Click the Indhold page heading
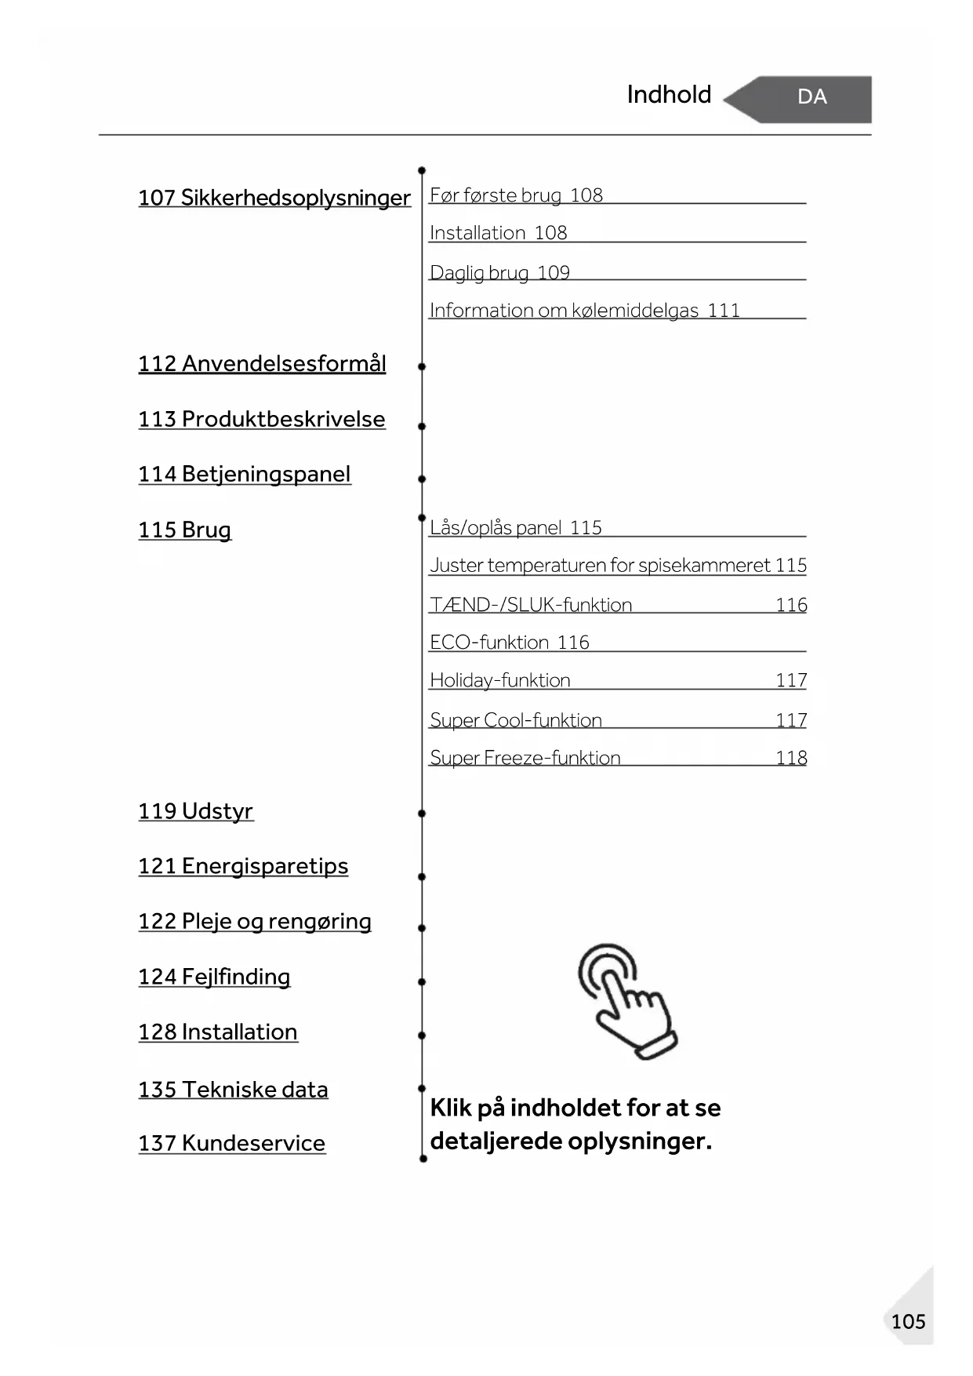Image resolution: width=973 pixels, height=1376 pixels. [669, 95]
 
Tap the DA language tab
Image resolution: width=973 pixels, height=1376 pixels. [811, 97]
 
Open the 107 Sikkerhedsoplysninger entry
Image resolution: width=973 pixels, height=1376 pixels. [274, 198]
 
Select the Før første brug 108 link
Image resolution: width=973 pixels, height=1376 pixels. [516, 195]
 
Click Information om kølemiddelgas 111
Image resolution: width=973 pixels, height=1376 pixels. [584, 311]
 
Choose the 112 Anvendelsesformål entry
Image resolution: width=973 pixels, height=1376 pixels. [262, 364]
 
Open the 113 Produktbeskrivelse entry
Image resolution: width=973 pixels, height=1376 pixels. [262, 419]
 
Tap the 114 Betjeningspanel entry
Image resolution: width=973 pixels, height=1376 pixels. [245, 475]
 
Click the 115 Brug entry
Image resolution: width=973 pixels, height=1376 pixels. [185, 530]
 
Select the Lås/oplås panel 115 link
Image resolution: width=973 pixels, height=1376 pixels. [516, 528]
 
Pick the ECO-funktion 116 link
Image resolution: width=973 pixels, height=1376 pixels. [510, 642]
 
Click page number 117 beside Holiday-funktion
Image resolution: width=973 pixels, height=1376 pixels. [791, 680]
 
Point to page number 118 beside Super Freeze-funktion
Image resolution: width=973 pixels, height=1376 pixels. [791, 758]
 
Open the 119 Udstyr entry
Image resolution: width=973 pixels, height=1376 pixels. [196, 811]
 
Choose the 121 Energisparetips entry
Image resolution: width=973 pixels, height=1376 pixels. [243, 866]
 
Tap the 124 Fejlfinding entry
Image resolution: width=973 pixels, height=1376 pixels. [214, 977]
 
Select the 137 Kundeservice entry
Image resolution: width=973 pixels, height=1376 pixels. [231, 1144]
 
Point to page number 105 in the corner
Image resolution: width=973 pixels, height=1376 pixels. [908, 1322]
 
